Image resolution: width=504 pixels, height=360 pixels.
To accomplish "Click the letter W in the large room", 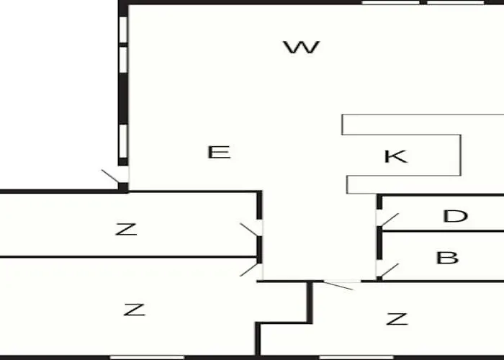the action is [301, 47].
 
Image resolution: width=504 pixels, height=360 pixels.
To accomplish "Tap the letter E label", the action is [219, 152].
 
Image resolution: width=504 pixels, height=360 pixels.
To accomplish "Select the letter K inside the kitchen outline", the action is [396, 156].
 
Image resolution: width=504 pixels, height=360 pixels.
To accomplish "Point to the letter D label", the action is [455, 216].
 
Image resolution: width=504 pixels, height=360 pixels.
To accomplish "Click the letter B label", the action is [447, 258].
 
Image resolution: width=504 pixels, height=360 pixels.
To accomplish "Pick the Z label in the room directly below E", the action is [126, 229].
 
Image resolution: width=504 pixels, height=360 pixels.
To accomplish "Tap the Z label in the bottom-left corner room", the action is [135, 310].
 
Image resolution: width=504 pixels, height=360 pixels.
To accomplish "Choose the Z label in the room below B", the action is [397, 319].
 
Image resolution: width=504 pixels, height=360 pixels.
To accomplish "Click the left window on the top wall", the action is [390, 2].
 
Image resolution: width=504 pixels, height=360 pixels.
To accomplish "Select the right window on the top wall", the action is [456, 2].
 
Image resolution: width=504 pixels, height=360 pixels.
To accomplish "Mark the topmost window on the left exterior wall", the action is [123, 30].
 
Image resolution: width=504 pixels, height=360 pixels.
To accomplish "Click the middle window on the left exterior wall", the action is [123, 60].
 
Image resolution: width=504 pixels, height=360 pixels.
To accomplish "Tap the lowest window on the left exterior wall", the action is [123, 141].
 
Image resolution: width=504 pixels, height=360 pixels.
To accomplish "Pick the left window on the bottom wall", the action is [147, 357].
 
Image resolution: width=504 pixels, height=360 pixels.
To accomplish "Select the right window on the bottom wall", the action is [356, 357].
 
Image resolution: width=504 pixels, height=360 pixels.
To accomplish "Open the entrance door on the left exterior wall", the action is [116, 176].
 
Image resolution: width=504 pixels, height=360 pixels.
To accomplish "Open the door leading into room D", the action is [387, 219].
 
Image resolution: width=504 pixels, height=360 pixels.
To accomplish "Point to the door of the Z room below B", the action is [339, 285].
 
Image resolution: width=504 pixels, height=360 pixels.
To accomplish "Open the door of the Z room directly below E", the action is [252, 229].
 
